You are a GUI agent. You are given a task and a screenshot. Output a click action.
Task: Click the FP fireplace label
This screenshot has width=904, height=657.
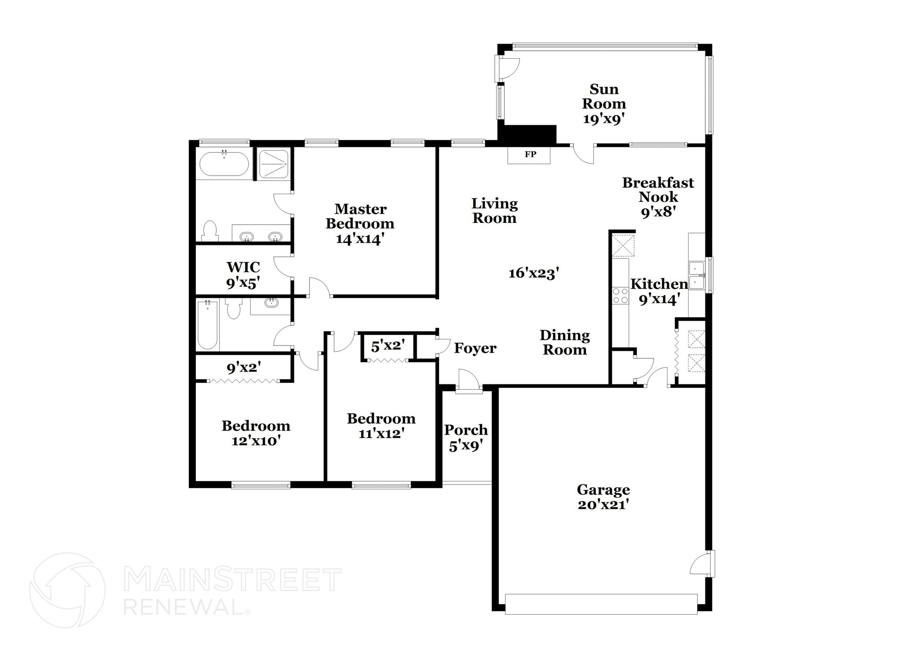click(x=530, y=154)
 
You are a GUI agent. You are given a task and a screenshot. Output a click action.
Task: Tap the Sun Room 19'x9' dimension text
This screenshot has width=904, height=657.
click(x=603, y=119)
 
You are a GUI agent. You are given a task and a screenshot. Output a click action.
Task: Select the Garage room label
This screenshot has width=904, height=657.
click(x=603, y=490)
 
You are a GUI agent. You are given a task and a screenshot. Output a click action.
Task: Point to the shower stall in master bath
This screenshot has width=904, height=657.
click(x=274, y=164)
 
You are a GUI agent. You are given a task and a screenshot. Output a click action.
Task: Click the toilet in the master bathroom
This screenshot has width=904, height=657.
click(x=210, y=231)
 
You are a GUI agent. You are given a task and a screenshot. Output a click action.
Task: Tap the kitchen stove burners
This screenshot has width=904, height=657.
click(x=620, y=296)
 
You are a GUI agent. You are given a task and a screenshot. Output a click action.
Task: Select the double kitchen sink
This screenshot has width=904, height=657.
click(x=696, y=275)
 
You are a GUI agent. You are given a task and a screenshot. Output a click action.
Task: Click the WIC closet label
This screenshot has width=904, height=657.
click(x=243, y=267)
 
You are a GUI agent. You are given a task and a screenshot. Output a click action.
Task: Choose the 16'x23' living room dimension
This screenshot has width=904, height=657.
click(x=534, y=273)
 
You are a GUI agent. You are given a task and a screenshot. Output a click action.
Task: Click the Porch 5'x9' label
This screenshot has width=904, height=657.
click(x=466, y=437)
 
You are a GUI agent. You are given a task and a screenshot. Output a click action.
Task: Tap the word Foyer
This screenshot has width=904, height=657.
click(x=475, y=348)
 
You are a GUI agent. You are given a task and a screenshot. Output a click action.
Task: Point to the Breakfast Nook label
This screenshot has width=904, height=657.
click(x=658, y=190)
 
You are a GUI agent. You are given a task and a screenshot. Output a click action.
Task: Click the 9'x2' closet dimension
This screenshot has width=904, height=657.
click(x=244, y=367)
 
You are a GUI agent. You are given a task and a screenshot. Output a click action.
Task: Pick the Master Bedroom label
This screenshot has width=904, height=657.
click(x=360, y=216)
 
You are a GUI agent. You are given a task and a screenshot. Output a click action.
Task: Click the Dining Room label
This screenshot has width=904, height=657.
click(x=565, y=342)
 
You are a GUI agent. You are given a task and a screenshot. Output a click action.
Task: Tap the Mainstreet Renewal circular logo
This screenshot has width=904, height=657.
click(x=67, y=590)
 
